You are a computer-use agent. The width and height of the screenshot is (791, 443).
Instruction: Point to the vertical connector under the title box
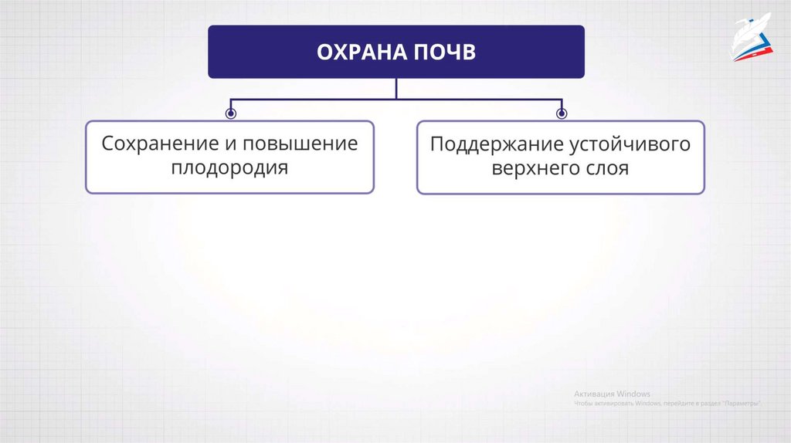[x=396, y=88]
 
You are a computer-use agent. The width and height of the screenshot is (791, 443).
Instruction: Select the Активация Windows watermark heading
[x=612, y=394]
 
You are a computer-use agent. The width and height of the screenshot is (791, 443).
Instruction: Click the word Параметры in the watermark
[x=741, y=404]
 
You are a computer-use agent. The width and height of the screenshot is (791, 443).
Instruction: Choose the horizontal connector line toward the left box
[x=309, y=99]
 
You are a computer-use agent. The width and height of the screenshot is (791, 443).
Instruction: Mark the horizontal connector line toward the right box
[x=479, y=99]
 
